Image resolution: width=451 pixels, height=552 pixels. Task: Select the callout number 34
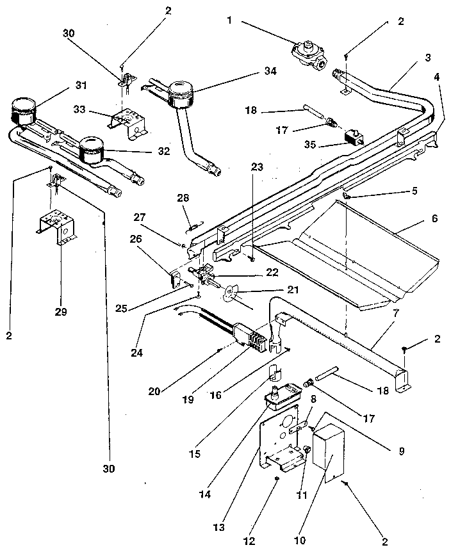(270, 71)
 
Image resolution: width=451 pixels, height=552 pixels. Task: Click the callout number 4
(436, 77)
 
